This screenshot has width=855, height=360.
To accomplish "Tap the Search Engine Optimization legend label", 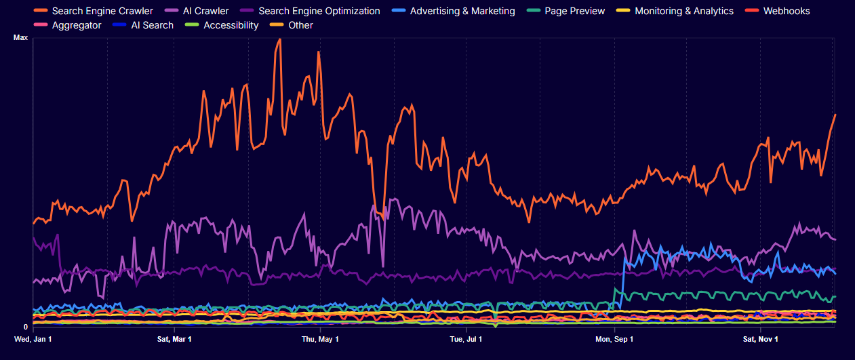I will click(x=319, y=11).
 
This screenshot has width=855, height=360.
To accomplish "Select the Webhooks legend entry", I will click(x=786, y=11).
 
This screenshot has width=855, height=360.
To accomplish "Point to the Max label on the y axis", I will click(x=21, y=38).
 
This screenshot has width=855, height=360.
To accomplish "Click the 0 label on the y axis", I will click(x=25, y=327).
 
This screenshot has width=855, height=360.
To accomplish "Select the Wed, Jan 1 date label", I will click(x=33, y=338).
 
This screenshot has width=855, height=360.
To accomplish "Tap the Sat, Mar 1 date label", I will click(x=174, y=338).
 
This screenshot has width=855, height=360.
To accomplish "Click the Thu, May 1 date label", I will click(x=320, y=338).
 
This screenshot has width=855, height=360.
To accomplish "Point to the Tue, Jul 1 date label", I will click(x=466, y=338).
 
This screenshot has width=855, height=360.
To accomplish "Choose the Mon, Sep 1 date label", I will click(x=614, y=338).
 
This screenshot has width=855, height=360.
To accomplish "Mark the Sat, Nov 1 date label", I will click(x=760, y=338).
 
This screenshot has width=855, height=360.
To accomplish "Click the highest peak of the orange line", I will click(x=279, y=39).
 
